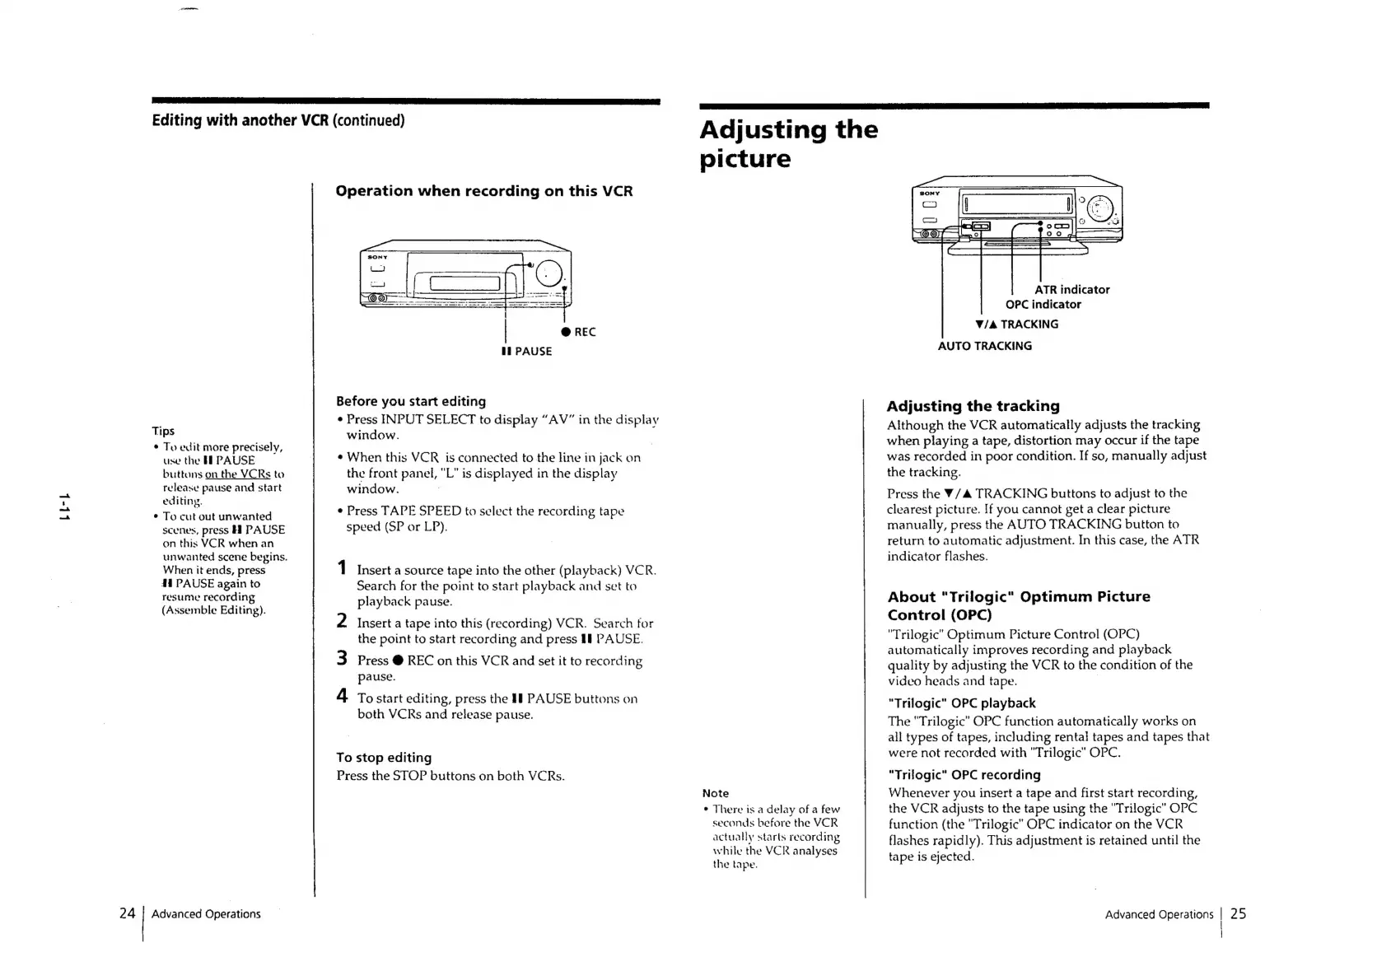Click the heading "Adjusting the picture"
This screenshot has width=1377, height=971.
pyautogui.click(x=788, y=143)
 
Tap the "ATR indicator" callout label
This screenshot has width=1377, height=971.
pyautogui.click(x=1071, y=289)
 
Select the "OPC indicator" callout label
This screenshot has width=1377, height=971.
pyautogui.click(x=1043, y=304)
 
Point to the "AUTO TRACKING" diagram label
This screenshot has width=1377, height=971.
pyautogui.click(x=984, y=346)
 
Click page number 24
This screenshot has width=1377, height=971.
pyautogui.click(x=127, y=913)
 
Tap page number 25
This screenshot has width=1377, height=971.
pyautogui.click(x=1238, y=913)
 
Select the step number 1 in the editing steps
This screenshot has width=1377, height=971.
pyautogui.click(x=342, y=568)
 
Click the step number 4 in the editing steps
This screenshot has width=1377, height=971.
pyautogui.click(x=342, y=696)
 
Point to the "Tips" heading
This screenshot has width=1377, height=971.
pyautogui.click(x=163, y=431)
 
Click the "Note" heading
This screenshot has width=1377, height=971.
pyautogui.click(x=715, y=793)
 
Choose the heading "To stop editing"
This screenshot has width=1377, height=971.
pyautogui.click(x=384, y=757)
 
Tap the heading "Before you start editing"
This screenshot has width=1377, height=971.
pyautogui.click(x=410, y=401)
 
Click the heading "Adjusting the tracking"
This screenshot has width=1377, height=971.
pyautogui.click(x=973, y=405)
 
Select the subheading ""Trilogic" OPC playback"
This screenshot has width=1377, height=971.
pyautogui.click(x=961, y=703)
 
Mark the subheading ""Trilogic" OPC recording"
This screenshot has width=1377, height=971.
pyautogui.click(x=964, y=774)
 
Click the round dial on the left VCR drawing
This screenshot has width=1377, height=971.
pyautogui.click(x=548, y=273)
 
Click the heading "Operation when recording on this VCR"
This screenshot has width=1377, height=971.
pyautogui.click(x=483, y=191)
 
